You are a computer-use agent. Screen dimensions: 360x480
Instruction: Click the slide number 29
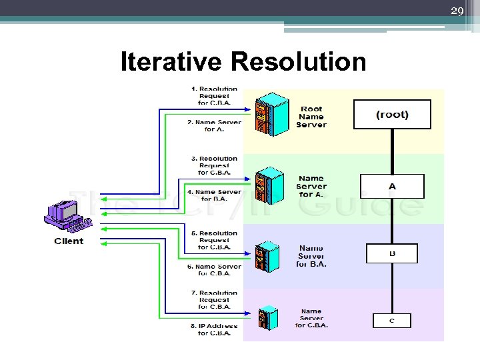457,11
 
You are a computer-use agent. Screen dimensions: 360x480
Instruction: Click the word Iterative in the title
171,62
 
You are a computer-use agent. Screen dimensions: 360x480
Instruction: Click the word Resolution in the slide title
298,62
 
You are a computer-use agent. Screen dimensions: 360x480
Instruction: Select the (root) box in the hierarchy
392,115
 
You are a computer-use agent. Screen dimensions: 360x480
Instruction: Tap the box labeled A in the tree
392,186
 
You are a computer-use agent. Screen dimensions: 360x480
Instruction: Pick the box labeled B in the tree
392,253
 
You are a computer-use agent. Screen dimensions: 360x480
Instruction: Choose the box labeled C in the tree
391,321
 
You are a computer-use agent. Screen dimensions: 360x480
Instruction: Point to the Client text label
69,241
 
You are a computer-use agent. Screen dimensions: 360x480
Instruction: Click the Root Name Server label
311,117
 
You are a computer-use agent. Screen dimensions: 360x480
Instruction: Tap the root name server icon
272,115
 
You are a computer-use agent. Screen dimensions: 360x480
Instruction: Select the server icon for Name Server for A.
269,185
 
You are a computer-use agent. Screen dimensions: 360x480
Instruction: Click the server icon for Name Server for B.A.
267,255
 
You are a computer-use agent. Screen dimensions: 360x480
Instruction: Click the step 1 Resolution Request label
214,96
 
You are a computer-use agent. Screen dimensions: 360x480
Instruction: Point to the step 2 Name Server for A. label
214,125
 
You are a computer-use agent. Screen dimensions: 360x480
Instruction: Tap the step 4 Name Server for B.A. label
214,195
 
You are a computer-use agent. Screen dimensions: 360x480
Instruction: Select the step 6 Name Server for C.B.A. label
214,269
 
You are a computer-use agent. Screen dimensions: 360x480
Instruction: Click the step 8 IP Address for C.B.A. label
214,329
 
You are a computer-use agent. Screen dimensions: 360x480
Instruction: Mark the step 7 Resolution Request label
214,300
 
